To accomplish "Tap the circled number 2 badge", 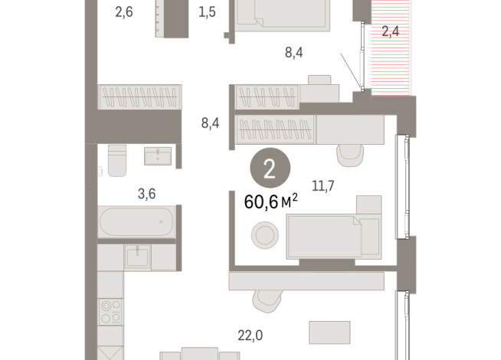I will tap(269, 170).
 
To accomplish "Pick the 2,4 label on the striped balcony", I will tap(391, 32).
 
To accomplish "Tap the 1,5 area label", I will tap(207, 11).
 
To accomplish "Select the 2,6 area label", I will tap(124, 11).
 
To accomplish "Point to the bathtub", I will tap(135, 224).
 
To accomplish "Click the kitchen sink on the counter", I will tap(138, 257).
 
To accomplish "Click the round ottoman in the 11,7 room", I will tap(265, 234).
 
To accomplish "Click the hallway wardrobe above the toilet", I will tap(139, 97).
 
